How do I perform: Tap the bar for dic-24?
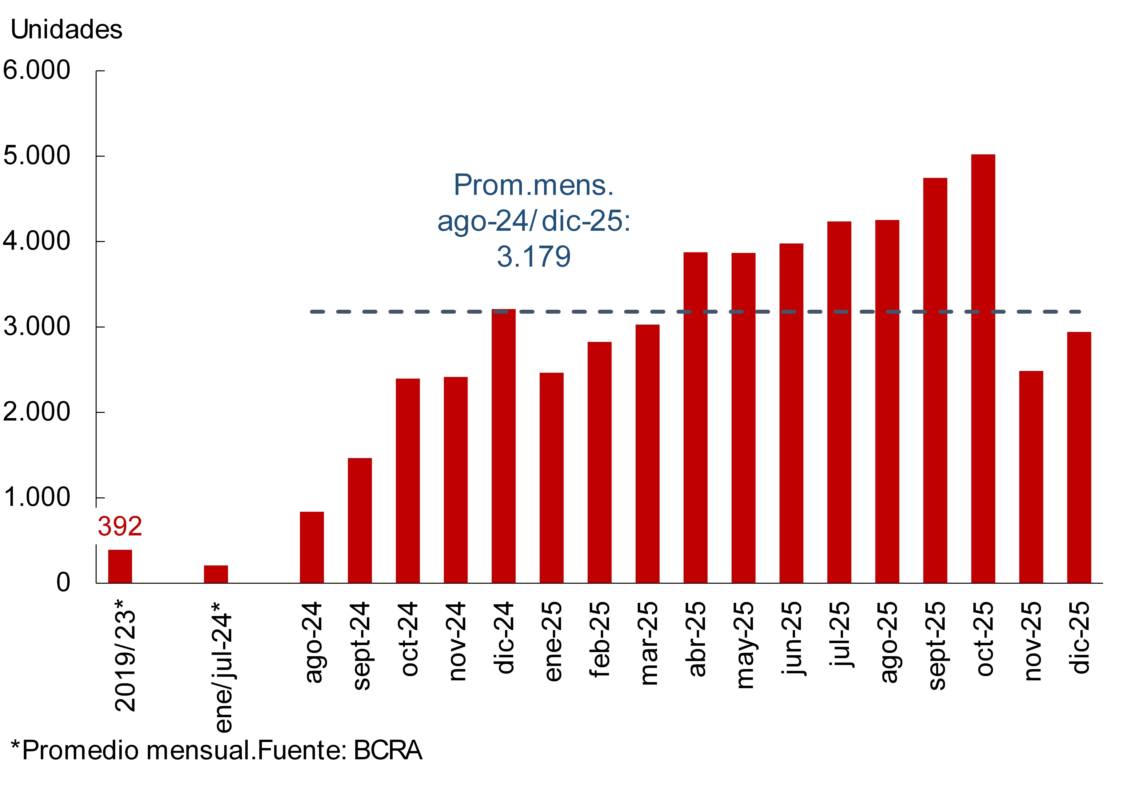tap(503, 446)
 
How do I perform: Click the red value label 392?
tap(120, 526)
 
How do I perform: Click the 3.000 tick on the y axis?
tap(37, 326)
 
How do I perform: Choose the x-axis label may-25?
tap(743, 645)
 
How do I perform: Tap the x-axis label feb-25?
tap(600, 640)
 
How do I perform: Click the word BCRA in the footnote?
tap(388, 750)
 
